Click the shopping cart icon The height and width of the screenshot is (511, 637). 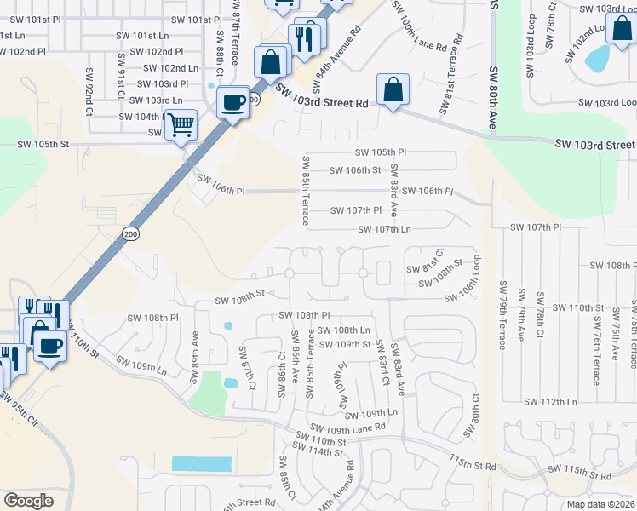[181, 125]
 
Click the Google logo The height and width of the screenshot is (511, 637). [28, 501]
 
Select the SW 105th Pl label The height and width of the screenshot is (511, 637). [381, 152]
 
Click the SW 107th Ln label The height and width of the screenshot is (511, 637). [384, 230]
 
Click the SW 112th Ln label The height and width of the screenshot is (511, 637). [550, 401]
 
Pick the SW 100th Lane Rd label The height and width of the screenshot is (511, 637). [428, 29]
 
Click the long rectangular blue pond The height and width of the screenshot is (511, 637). [202, 464]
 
